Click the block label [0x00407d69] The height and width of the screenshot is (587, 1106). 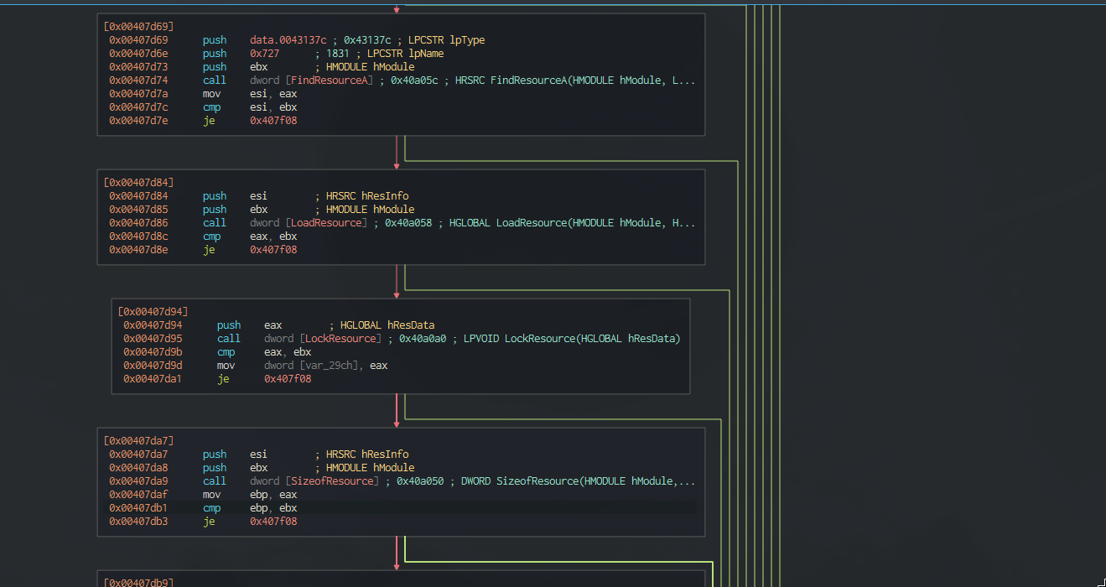point(138,27)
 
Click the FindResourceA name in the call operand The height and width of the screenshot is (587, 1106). point(330,81)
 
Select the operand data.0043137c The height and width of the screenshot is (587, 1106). point(288,40)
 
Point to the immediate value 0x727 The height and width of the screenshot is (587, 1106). point(264,54)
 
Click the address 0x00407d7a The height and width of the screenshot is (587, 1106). point(138,94)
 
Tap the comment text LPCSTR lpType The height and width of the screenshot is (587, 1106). point(446,40)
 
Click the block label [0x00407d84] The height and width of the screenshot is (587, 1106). point(138,183)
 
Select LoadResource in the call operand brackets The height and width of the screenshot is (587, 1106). point(326,223)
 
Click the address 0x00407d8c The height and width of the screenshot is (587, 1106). point(138,236)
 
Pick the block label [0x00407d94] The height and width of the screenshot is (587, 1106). point(153,311)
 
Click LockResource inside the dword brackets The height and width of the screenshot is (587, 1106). point(340,339)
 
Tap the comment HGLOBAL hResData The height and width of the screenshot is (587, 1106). point(387,325)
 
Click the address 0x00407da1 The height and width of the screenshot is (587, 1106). point(153,379)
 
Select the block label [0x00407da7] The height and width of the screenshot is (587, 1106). point(138,441)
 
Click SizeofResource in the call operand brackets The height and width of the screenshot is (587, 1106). point(332,481)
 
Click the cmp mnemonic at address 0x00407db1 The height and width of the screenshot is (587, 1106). point(212,508)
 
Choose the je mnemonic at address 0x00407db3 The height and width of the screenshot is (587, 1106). point(209,522)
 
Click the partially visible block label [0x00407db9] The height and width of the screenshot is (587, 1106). point(138,583)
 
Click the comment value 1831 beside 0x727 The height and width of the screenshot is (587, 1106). point(337,54)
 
